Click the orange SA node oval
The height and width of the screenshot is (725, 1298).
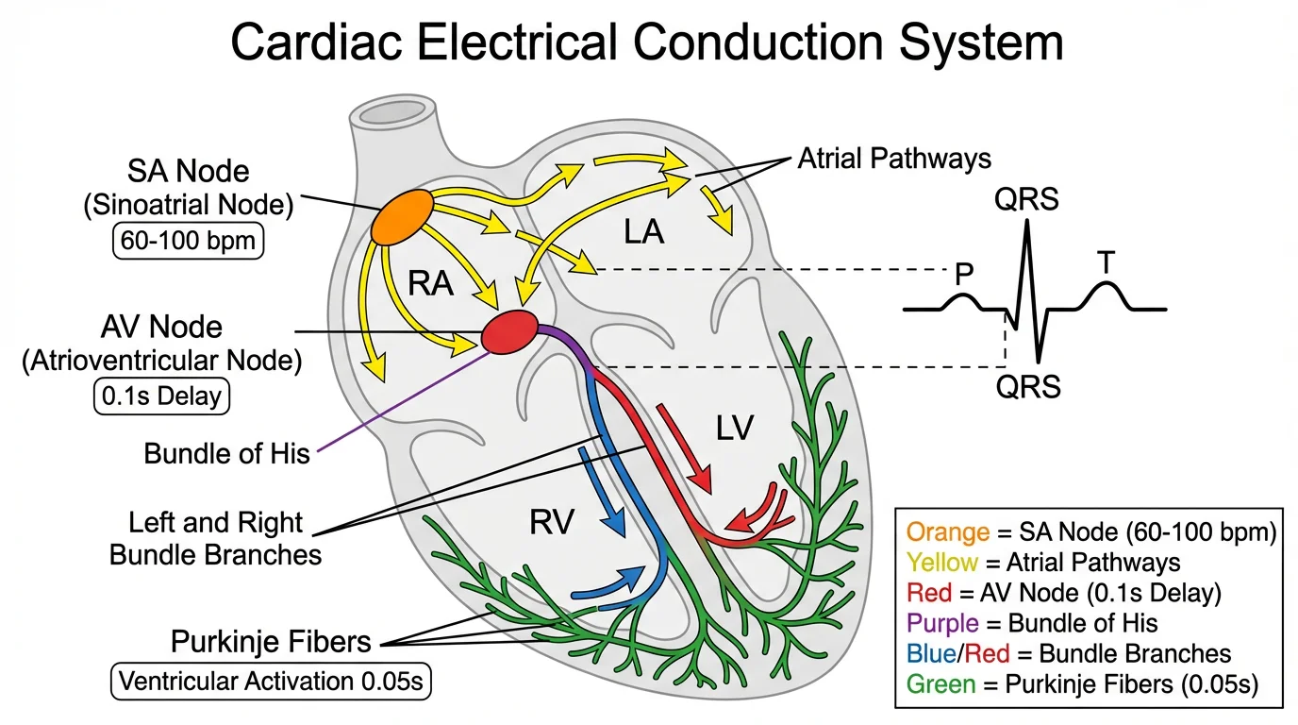pyautogui.click(x=403, y=219)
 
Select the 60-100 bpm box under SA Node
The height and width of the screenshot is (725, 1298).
pyautogui.click(x=188, y=242)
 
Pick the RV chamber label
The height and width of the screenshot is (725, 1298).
pyautogui.click(x=551, y=521)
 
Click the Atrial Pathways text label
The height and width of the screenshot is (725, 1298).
pyautogui.click(x=894, y=158)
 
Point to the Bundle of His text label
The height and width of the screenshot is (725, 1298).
pyautogui.click(x=226, y=454)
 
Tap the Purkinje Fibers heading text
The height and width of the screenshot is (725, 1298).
pyautogui.click(x=271, y=642)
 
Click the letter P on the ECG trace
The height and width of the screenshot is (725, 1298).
pyautogui.click(x=964, y=274)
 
